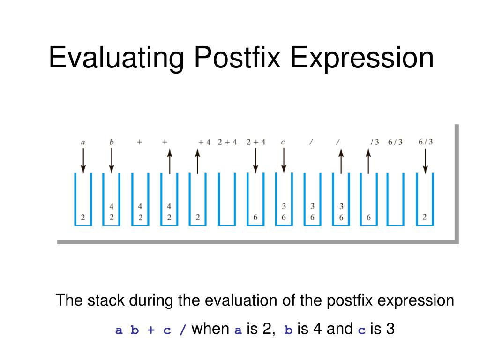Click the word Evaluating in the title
(x=116, y=58)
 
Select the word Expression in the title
(x=362, y=58)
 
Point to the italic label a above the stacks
(x=82, y=142)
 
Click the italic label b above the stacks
(x=112, y=142)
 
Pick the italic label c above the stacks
(x=283, y=142)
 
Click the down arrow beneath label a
(x=83, y=161)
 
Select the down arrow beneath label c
(x=284, y=161)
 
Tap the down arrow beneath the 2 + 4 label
(x=255, y=161)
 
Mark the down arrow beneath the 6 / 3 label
(x=425, y=161)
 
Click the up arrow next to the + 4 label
(x=197, y=162)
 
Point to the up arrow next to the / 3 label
(x=368, y=162)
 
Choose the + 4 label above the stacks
(x=204, y=142)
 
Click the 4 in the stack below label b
(x=112, y=207)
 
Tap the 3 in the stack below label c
(x=284, y=206)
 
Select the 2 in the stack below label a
(x=82, y=217)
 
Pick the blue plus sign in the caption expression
(x=151, y=330)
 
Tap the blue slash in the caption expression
(x=183, y=330)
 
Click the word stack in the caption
(x=106, y=300)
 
